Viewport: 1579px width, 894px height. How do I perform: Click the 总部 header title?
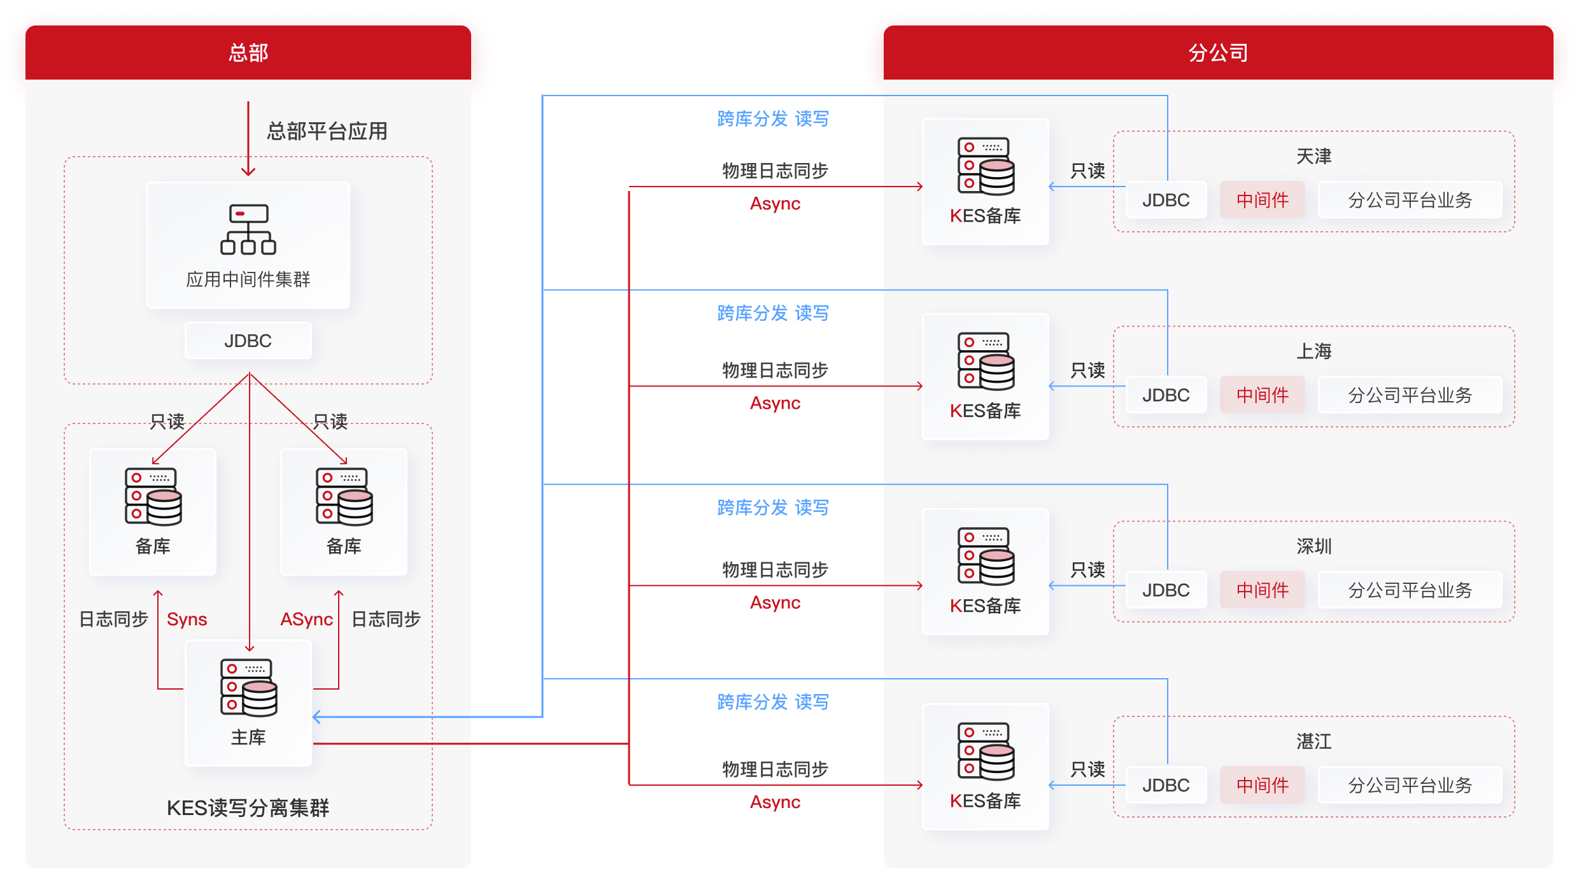pyautogui.click(x=248, y=52)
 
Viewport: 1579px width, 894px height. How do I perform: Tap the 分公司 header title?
pyautogui.click(x=1218, y=52)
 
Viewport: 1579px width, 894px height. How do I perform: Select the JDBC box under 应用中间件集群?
pyautogui.click(x=248, y=341)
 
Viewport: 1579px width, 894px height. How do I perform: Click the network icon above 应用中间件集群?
pyautogui.click(x=248, y=229)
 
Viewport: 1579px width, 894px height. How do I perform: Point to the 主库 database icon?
pyautogui.click(x=249, y=688)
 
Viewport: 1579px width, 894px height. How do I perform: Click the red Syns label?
pyautogui.click(x=187, y=619)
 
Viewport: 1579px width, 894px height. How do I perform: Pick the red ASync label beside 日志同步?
pyautogui.click(x=307, y=619)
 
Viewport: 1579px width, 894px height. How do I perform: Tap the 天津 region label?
pyautogui.click(x=1313, y=157)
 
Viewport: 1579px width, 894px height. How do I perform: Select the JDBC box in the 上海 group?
pyautogui.click(x=1166, y=395)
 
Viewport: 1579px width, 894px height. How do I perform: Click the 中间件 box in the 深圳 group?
pyautogui.click(x=1263, y=590)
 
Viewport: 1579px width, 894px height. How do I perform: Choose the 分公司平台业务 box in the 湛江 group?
pyautogui.click(x=1410, y=785)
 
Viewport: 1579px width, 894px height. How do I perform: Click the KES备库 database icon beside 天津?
pyautogui.click(x=986, y=166)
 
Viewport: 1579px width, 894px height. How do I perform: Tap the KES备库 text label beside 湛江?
pyautogui.click(x=986, y=801)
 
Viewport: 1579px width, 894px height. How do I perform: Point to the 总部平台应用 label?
pyautogui.click(x=327, y=131)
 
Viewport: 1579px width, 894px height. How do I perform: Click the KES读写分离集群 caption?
pyautogui.click(x=248, y=808)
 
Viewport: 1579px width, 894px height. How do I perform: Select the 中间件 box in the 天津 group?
pyautogui.click(x=1263, y=200)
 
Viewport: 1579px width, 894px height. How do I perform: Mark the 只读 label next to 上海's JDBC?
pyautogui.click(x=1087, y=370)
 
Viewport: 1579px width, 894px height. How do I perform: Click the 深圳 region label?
pyautogui.click(x=1313, y=546)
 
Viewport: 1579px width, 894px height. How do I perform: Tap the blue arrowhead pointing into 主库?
pyautogui.click(x=316, y=717)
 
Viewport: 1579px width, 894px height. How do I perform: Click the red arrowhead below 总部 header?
pyautogui.click(x=248, y=171)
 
